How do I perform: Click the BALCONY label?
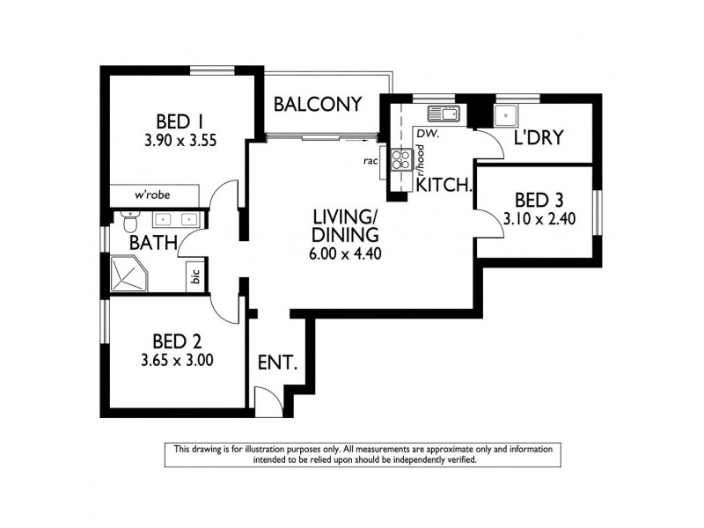click(x=318, y=105)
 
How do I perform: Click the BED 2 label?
click(x=174, y=341)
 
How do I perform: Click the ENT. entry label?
click(x=277, y=362)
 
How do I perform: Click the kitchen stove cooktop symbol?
click(x=400, y=160)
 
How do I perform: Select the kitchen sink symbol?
click(x=444, y=114)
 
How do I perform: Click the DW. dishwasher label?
click(x=429, y=134)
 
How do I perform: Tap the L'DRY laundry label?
click(x=539, y=138)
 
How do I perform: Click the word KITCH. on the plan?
click(x=445, y=186)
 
